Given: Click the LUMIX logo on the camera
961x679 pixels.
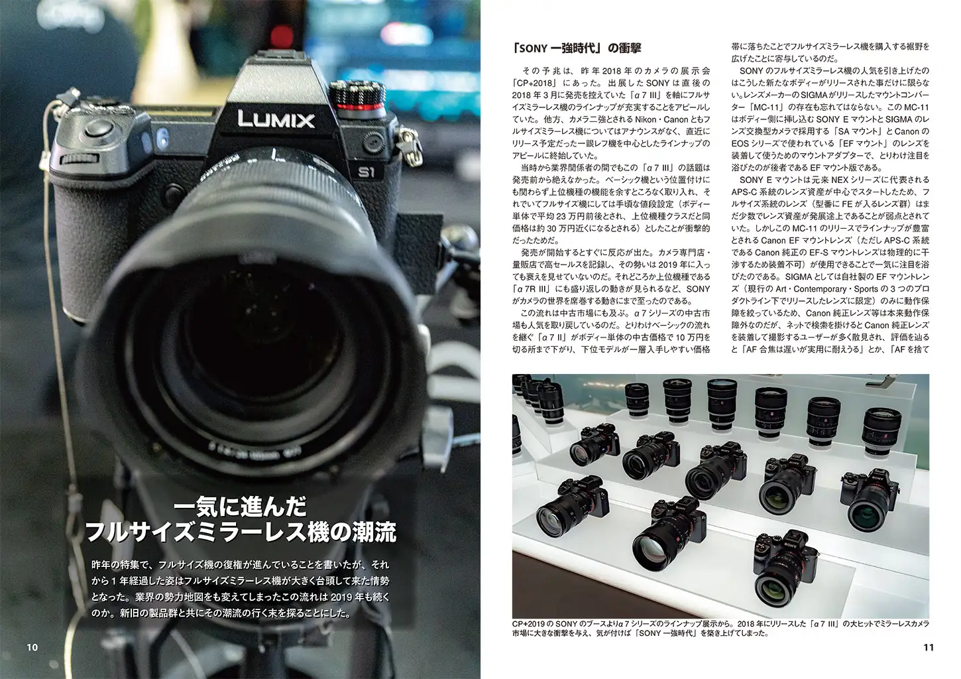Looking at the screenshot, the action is point(276,119).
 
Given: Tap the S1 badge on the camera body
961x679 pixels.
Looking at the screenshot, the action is point(367,172).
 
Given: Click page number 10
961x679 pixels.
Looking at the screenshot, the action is point(32,647).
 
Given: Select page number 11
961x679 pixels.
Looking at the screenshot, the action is point(929,647).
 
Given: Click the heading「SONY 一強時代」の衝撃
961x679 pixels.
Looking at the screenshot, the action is point(577,48).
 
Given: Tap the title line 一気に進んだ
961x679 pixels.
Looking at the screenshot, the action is point(240,506).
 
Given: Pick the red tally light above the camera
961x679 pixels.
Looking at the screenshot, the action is point(282,36).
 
